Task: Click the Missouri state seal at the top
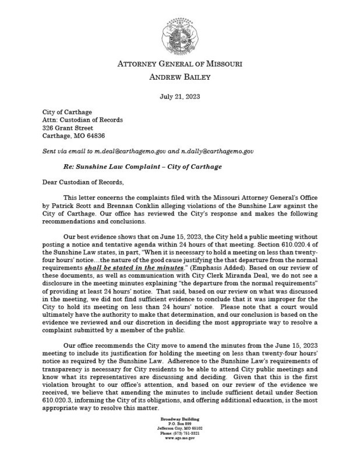(x=179, y=31)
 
